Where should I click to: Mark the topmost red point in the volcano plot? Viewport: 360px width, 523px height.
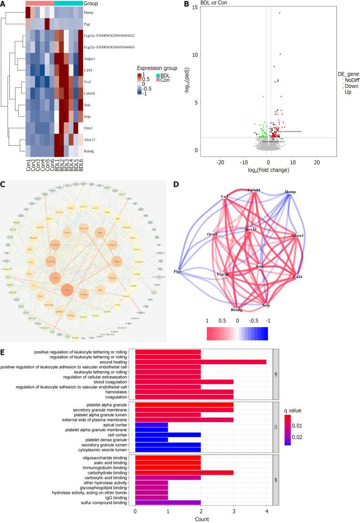(x=280, y=13)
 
